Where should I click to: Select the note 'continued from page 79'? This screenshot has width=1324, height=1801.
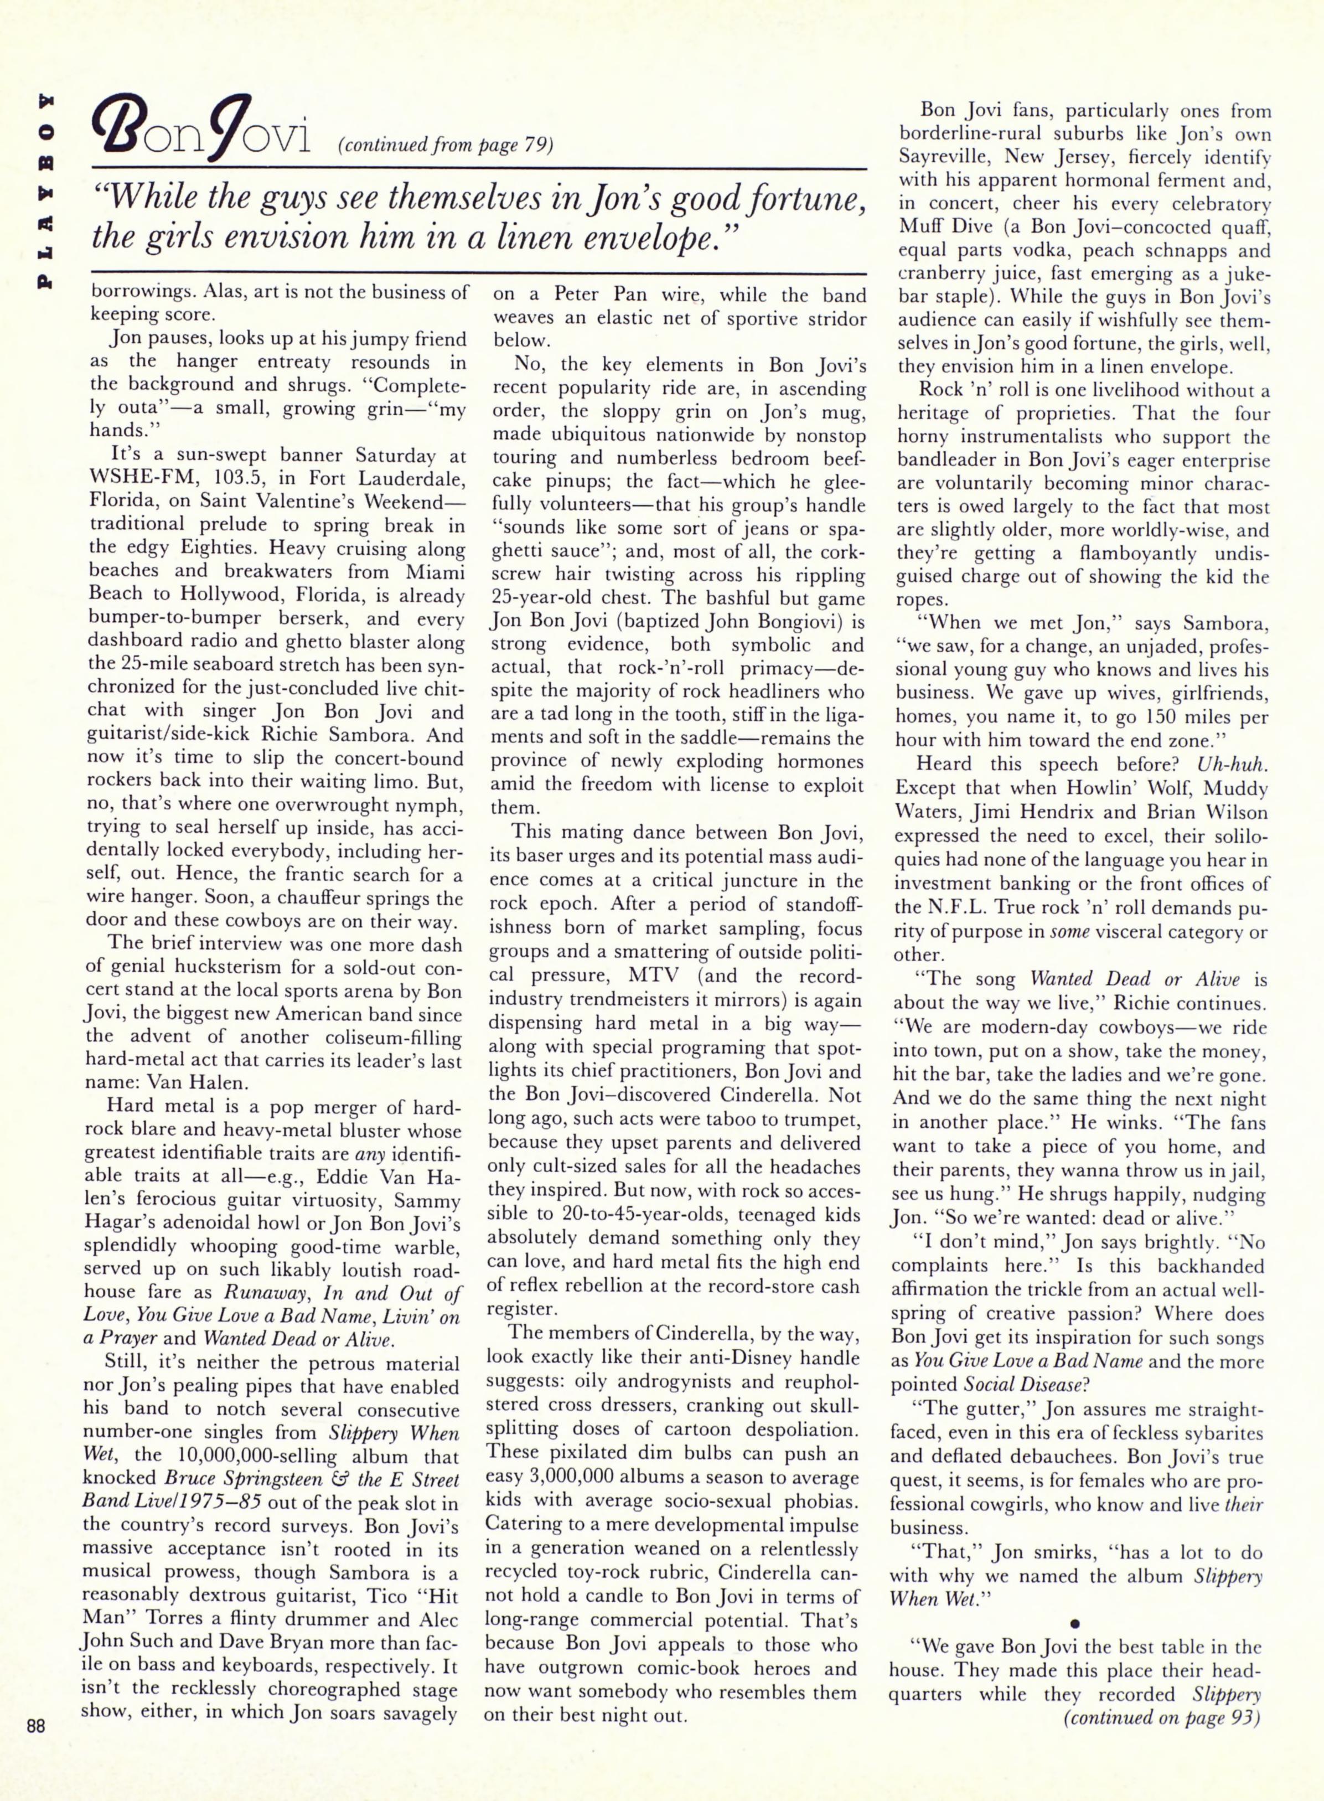coord(446,145)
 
